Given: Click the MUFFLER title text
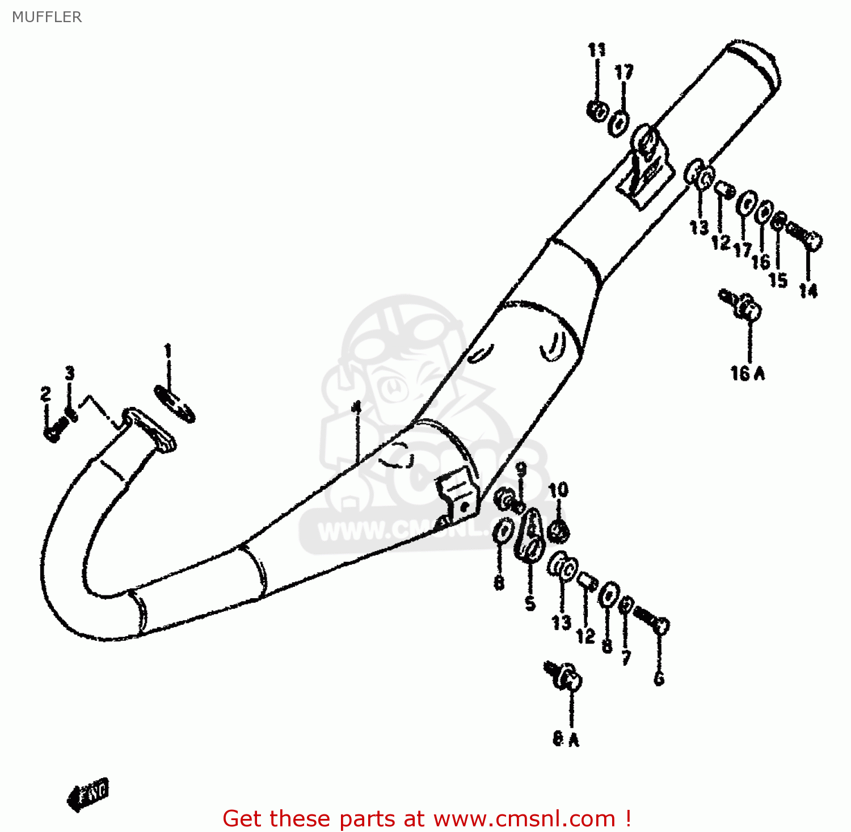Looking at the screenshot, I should click(x=47, y=17).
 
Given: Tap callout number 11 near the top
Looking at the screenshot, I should click(x=596, y=51).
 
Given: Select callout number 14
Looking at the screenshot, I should click(x=808, y=291).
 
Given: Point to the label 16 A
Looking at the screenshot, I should click(x=747, y=373).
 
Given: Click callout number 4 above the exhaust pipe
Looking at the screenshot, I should click(x=356, y=407).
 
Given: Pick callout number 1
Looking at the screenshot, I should click(x=168, y=351).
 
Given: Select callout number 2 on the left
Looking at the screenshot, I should click(x=45, y=394).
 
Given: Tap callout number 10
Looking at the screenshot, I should click(x=558, y=490).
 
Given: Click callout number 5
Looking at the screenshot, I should click(x=530, y=603).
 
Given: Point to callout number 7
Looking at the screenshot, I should click(x=626, y=657).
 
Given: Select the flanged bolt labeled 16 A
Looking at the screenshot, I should click(x=743, y=305).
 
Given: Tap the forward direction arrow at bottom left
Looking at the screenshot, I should click(x=88, y=792).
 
